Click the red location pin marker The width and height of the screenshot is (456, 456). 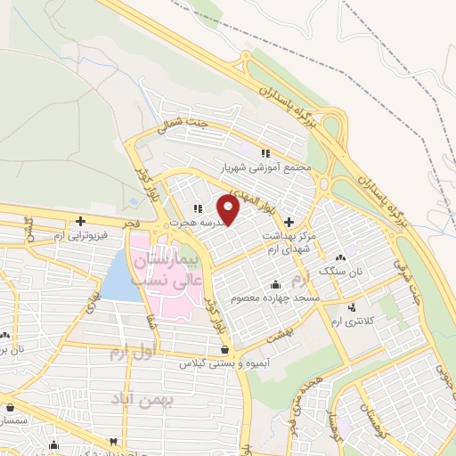tap(230, 210)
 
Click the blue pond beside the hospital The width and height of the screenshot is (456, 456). tap(117, 276)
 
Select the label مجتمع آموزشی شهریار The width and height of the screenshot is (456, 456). tap(265, 166)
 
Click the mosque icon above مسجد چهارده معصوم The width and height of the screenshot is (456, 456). tap(268, 284)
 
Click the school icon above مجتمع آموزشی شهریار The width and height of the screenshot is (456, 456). tap(265, 152)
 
